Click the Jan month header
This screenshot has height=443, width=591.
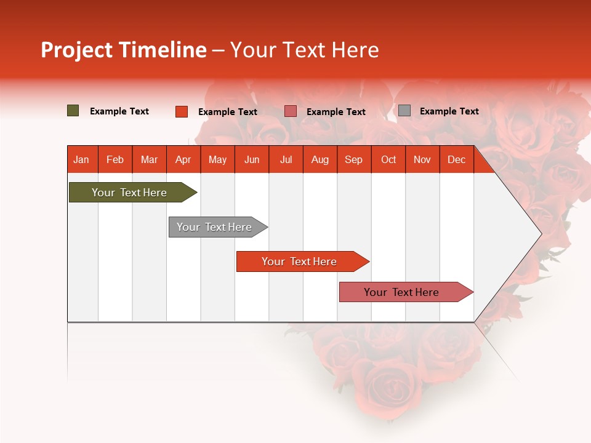tap(81, 159)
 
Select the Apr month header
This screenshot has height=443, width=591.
tap(183, 159)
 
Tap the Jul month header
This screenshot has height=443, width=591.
tap(286, 159)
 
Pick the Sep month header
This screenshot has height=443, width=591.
tap(353, 159)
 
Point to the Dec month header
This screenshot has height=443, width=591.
tap(456, 159)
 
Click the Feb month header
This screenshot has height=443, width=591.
tap(115, 159)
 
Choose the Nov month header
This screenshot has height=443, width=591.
tap(422, 159)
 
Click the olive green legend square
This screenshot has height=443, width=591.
tap(73, 111)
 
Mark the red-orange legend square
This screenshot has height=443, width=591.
tap(182, 111)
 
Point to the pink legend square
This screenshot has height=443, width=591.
tap(291, 111)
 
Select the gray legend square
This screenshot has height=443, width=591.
tap(404, 111)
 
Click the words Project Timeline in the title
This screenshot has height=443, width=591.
tap(123, 50)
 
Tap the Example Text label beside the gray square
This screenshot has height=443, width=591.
tap(449, 111)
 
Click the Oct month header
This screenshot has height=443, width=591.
tap(388, 159)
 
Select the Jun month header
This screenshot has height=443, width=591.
tap(252, 159)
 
